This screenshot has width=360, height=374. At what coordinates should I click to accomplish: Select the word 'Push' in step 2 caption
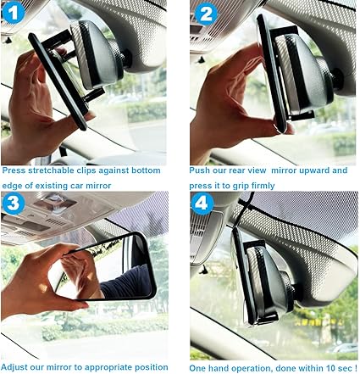[x=200, y=170]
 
